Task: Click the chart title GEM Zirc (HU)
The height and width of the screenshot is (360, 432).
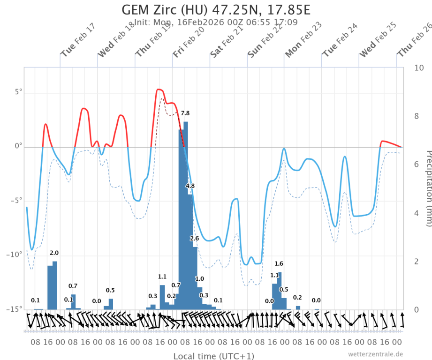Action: pyautogui.click(x=216, y=10)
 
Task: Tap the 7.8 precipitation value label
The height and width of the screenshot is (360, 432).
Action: pyautogui.click(x=185, y=113)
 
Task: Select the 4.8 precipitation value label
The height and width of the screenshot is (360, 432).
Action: pyautogui.click(x=190, y=186)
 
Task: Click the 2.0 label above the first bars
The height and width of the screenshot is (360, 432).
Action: pyautogui.click(x=54, y=253)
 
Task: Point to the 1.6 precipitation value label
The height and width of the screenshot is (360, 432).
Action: pyautogui.click(x=279, y=263)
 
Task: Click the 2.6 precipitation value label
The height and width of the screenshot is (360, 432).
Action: pyautogui.click(x=195, y=239)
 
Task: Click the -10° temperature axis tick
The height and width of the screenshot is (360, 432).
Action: pyautogui.click(x=14, y=255)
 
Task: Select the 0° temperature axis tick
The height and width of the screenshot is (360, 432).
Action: pyautogui.click(x=18, y=146)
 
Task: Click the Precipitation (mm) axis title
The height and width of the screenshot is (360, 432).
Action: pyautogui.click(x=427, y=187)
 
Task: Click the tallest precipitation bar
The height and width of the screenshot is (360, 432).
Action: pyautogui.click(x=186, y=216)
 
